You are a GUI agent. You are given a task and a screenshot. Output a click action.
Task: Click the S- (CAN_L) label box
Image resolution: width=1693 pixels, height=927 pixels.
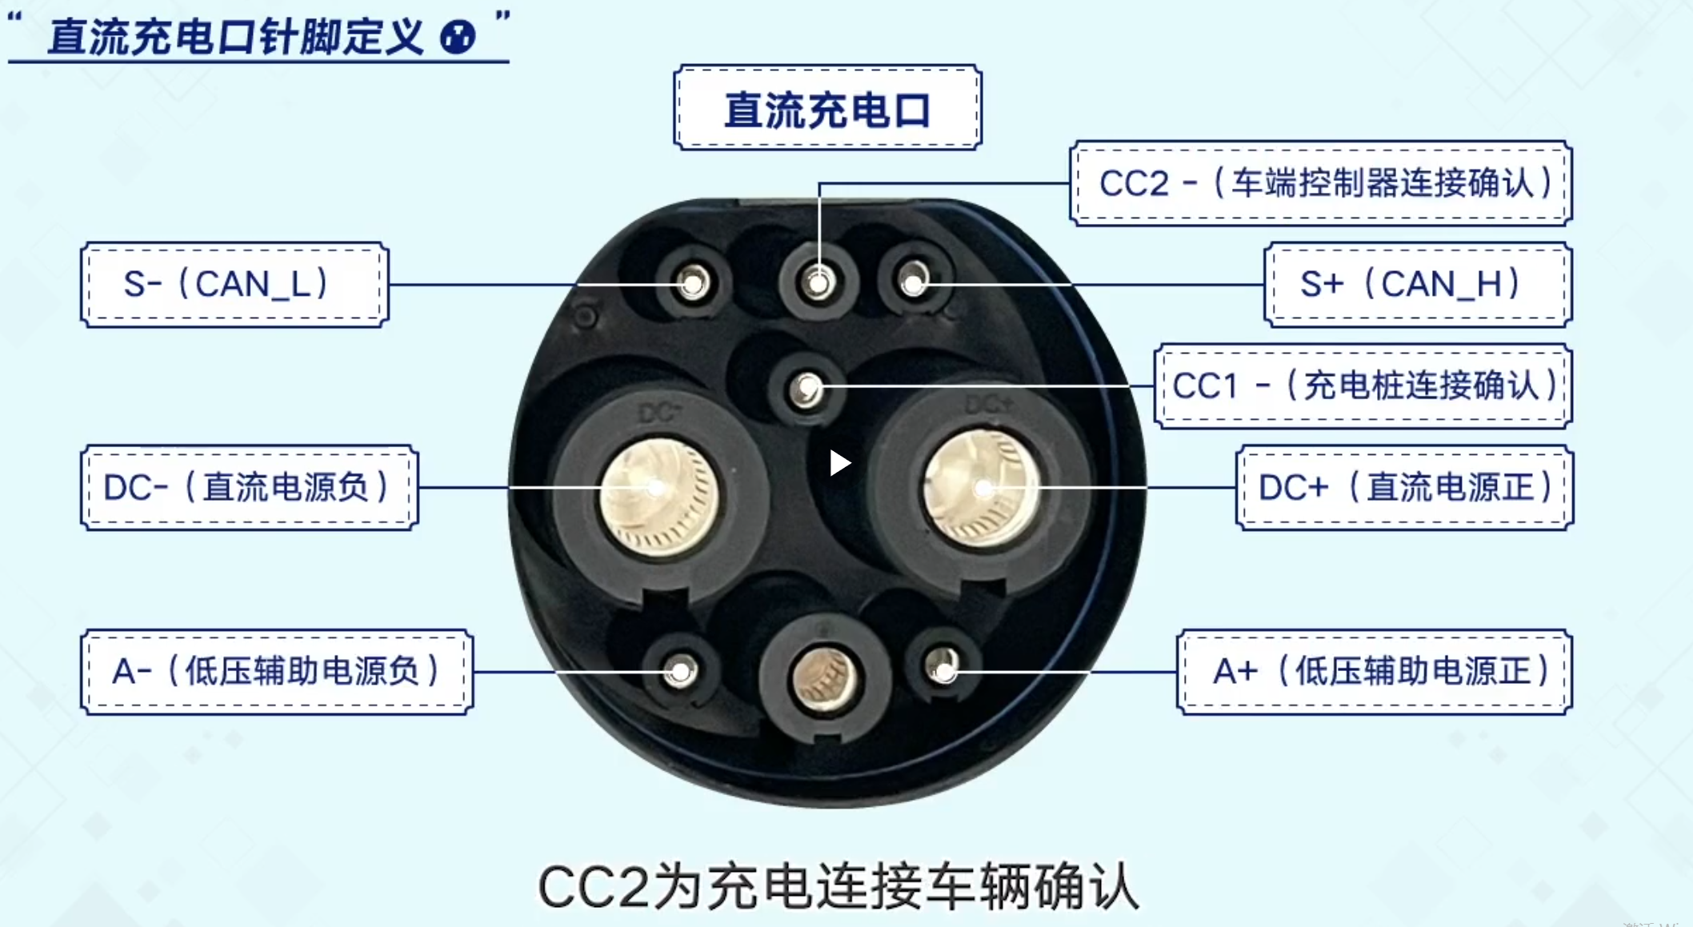pyautogui.click(x=234, y=285)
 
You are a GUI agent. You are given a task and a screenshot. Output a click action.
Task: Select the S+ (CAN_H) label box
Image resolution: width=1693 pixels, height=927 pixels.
pyautogui.click(x=1417, y=285)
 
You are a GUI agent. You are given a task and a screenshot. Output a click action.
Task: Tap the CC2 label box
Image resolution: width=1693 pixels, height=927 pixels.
pyautogui.click(x=1320, y=183)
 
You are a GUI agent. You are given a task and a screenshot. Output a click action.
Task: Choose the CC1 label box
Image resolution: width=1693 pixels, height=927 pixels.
pyautogui.click(x=1363, y=386)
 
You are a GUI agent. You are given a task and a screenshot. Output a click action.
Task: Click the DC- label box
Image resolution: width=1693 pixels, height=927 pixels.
pyautogui.click(x=249, y=487)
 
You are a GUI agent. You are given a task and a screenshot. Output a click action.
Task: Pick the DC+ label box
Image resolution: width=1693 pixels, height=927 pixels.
pyautogui.click(x=1404, y=487)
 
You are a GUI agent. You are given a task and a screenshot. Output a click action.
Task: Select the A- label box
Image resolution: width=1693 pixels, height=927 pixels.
pyautogui.click(x=277, y=671)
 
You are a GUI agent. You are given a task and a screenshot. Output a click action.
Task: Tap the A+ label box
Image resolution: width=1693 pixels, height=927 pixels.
pyautogui.click(x=1374, y=671)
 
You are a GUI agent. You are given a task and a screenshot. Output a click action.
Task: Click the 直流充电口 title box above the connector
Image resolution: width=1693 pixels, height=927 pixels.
pyautogui.click(x=827, y=108)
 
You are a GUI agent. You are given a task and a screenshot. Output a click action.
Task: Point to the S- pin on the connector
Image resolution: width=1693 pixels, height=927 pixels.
pyautogui.click(x=693, y=282)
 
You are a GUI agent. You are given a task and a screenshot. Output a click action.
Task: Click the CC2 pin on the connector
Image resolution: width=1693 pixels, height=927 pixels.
pyautogui.click(x=818, y=282)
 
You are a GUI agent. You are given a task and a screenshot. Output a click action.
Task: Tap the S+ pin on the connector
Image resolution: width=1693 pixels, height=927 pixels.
pyautogui.click(x=914, y=281)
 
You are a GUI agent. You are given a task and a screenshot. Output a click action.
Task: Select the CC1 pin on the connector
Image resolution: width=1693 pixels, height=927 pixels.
pyautogui.click(x=806, y=390)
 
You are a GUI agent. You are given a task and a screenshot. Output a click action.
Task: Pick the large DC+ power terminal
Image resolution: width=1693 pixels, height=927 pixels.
pyautogui.click(x=982, y=487)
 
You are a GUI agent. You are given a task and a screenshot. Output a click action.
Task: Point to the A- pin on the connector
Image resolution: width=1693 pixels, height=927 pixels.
pyautogui.click(x=681, y=670)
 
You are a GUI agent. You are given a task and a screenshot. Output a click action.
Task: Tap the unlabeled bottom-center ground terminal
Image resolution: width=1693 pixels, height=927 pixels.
pyautogui.click(x=824, y=678)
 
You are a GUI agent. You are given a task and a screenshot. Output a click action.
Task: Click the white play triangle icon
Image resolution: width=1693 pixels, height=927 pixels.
pyautogui.click(x=838, y=462)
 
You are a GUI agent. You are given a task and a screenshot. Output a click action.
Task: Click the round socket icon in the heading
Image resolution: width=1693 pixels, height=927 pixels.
pyautogui.click(x=458, y=37)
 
